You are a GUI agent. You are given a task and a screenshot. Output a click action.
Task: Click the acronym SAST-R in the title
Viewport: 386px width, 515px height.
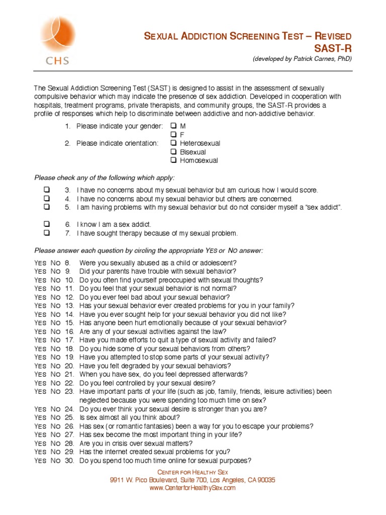(333, 48)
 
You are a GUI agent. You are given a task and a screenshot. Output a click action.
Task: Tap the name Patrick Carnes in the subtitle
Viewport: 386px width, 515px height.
(310, 59)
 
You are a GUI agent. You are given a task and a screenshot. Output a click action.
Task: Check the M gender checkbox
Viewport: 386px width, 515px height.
(173, 126)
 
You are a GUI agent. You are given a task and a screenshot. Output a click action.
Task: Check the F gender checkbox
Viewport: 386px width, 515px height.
(173, 135)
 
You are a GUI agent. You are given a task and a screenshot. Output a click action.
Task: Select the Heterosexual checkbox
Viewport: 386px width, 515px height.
(173, 143)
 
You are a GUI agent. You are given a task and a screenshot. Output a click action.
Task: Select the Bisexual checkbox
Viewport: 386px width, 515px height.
(173, 152)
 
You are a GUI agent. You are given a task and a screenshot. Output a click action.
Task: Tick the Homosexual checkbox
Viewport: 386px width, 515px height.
(173, 160)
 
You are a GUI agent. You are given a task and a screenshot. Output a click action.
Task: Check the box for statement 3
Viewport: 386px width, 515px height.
(47, 190)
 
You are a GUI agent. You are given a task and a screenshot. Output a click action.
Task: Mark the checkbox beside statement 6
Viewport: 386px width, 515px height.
(47, 224)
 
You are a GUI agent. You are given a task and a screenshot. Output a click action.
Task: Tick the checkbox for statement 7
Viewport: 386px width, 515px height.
(47, 233)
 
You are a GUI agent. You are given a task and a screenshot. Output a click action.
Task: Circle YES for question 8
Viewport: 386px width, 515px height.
(40, 263)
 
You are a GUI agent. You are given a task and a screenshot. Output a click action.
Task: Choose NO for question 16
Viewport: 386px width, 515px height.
(55, 332)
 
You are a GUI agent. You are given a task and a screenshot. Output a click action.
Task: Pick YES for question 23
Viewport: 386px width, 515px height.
(40, 392)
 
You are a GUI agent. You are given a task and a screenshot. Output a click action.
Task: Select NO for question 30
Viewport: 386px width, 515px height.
(55, 461)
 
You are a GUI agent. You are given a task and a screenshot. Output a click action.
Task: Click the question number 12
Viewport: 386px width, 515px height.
(69, 297)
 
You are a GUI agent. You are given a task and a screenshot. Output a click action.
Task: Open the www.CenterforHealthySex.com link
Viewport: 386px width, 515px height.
(192, 488)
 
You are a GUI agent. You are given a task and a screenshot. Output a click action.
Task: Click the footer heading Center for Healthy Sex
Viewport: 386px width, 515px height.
(192, 472)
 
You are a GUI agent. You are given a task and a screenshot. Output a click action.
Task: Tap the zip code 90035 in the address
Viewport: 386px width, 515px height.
(266, 480)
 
